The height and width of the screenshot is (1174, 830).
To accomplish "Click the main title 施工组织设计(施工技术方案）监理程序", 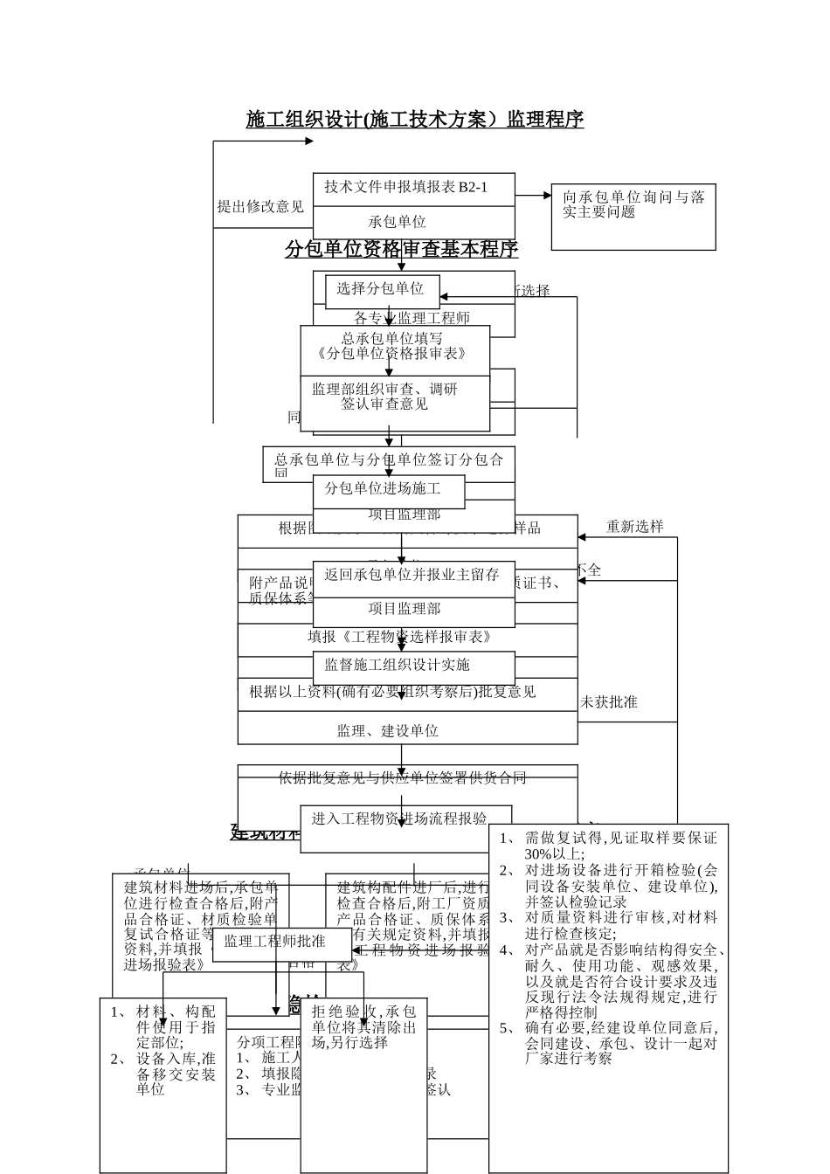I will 415,120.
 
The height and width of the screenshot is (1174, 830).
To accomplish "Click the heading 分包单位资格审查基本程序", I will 402,250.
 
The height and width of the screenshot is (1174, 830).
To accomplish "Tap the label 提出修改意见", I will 260,207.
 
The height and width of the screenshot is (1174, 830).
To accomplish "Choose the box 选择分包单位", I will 381,289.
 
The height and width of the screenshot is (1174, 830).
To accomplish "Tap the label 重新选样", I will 635,527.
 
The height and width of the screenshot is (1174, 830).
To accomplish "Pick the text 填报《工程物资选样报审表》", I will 399,637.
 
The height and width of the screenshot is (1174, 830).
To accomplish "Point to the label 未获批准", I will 609,702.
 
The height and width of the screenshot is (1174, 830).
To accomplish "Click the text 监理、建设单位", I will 388,731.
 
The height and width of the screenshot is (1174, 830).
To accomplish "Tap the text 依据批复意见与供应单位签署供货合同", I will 403,777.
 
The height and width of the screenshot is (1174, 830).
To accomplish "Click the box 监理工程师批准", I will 275,942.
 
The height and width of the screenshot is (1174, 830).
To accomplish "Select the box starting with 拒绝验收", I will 363,1027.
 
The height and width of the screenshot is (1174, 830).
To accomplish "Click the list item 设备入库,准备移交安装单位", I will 175,1074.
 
